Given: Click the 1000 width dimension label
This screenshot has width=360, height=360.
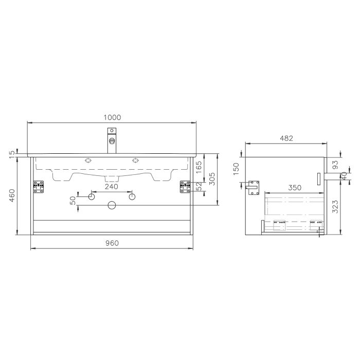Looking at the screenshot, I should coord(112,117).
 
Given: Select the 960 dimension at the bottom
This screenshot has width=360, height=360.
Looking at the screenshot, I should coord(112,243).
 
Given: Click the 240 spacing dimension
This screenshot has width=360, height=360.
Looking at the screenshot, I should coord(112,187).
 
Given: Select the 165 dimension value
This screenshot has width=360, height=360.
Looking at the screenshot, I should coord(198,167).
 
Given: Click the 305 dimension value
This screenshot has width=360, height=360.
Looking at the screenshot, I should coord(211,179).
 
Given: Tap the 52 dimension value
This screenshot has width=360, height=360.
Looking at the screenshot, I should coord(198,186).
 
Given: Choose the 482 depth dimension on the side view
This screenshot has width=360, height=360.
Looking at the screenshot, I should coord(286,138).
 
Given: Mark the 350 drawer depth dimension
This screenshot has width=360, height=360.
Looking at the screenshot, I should coord(294,188).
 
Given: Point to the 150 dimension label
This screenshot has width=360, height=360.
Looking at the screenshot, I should coord(236,169).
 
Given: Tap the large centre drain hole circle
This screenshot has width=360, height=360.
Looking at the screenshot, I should coord(112,206).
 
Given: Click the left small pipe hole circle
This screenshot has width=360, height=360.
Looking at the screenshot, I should coord(92,197).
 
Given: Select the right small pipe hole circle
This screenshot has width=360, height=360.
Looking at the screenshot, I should coord(132,197).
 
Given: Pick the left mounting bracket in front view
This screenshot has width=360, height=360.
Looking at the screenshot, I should coord(39,187).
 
